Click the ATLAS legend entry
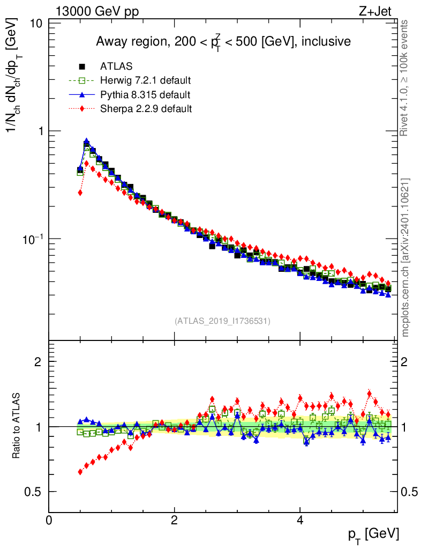pos(116,66)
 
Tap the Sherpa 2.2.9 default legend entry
pos(146,109)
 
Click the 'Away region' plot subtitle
pos(223,41)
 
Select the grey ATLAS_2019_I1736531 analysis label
pos(222,321)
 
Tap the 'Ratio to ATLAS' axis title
pos(17,426)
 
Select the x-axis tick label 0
pos(49,520)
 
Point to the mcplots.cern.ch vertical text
pos(405,257)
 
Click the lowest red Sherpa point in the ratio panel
pos(80,472)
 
